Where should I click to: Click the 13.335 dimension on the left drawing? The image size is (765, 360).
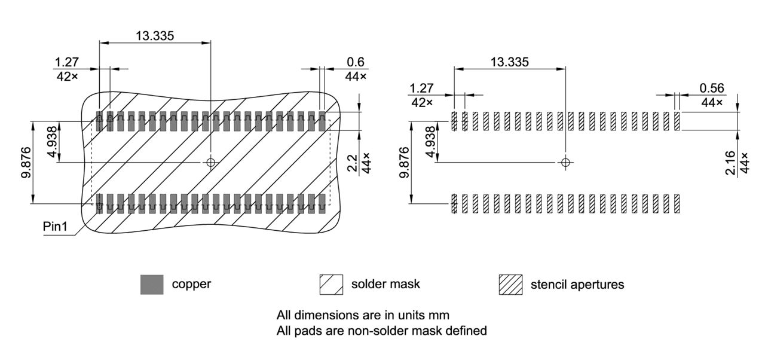point(155,35)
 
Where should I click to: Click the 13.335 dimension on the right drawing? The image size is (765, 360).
point(509,62)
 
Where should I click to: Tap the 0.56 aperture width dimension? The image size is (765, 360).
point(711,88)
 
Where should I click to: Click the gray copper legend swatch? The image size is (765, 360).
point(152,285)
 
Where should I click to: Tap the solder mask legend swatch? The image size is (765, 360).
point(331,285)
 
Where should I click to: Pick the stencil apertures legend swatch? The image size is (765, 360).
point(510,285)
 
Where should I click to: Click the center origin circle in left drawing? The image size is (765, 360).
point(210,162)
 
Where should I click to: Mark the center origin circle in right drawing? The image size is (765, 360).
point(565,162)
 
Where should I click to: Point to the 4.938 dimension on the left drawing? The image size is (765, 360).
point(53,142)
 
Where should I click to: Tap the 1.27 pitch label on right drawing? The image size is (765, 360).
point(421,88)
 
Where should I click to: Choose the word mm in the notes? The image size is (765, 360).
point(440,315)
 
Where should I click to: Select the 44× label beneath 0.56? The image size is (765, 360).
point(712,102)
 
